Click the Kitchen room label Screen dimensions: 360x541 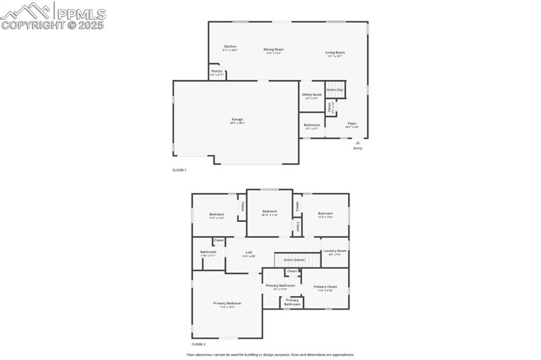(x=230, y=46)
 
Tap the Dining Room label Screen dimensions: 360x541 (x=274, y=50)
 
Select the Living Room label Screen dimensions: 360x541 (x=335, y=52)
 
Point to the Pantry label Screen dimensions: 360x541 (x=217, y=71)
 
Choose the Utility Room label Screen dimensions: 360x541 (x=312, y=94)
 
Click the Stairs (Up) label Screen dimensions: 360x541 (x=335, y=90)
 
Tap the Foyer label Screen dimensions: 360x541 (x=352, y=124)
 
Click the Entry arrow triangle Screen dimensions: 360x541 (x=358, y=142)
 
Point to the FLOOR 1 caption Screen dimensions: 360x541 (x=180, y=170)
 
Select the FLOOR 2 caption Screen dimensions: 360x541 (x=199, y=344)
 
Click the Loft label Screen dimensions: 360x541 (x=249, y=252)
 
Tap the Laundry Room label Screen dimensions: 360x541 (x=335, y=251)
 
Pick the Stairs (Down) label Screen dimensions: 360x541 (x=294, y=260)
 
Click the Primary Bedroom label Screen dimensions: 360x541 (x=227, y=303)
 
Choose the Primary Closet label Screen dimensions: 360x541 (x=325, y=287)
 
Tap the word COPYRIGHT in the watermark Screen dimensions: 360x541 (x=32, y=24)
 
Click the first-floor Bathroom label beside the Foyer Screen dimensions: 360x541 (x=312, y=125)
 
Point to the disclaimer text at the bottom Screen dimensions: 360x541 (x=270, y=355)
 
